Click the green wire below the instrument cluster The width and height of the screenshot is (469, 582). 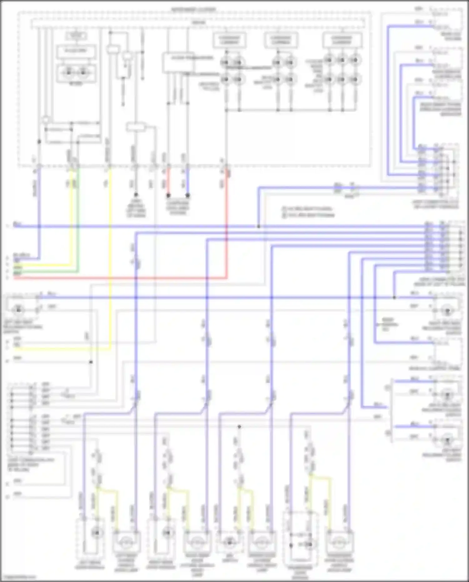pos(78,219)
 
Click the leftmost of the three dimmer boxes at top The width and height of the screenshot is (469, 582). pos(229,40)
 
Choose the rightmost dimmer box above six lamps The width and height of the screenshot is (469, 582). pos(342,40)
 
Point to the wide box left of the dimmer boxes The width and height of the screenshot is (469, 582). pos(178,63)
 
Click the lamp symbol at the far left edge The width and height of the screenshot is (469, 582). pos(18,310)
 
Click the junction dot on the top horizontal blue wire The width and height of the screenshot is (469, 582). pos(259,226)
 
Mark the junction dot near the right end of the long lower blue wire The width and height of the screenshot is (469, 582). pos(395,297)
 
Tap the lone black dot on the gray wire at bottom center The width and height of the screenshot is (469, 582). pos(239,427)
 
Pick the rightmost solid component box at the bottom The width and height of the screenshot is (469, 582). pos(339,542)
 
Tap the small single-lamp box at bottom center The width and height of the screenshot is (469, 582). pos(229,542)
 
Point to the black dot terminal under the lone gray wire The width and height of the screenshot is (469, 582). pos(136,195)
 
